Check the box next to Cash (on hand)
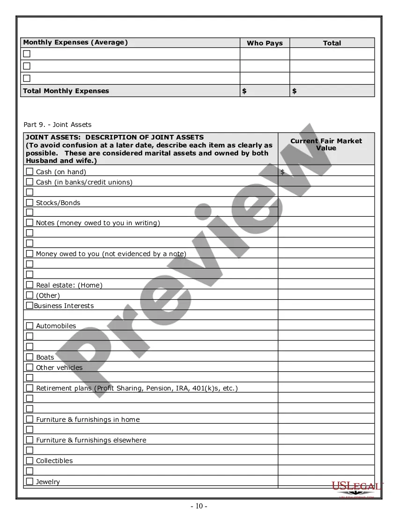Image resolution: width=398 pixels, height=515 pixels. tap(29, 171)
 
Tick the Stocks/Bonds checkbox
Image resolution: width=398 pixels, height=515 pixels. tap(29, 202)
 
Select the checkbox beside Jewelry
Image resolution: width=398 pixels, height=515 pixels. tap(29, 481)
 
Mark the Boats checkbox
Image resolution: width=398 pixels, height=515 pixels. tap(29, 357)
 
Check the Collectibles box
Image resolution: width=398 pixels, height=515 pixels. tap(29, 460)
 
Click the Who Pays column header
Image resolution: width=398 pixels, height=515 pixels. tap(265, 43)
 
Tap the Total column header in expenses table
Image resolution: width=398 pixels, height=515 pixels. tap(332, 43)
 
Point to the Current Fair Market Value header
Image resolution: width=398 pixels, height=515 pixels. tap(326, 144)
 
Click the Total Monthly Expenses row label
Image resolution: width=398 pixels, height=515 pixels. tap(66, 91)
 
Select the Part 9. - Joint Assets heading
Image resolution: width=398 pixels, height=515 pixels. tap(58, 125)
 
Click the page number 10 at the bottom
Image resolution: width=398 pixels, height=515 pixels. tap(199, 506)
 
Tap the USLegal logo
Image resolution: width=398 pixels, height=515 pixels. tap(357, 488)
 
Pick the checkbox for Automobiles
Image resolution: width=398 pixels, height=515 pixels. tap(29, 325)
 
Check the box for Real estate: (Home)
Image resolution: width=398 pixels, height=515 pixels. tap(29, 285)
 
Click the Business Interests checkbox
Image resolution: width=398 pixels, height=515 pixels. tap(29, 305)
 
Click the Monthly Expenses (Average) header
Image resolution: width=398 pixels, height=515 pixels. tap(75, 43)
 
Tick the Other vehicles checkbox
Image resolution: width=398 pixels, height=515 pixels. tap(29, 367)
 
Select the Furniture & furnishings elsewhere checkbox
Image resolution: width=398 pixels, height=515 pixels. tap(29, 440)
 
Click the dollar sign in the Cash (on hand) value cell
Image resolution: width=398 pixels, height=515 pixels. tap(282, 172)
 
